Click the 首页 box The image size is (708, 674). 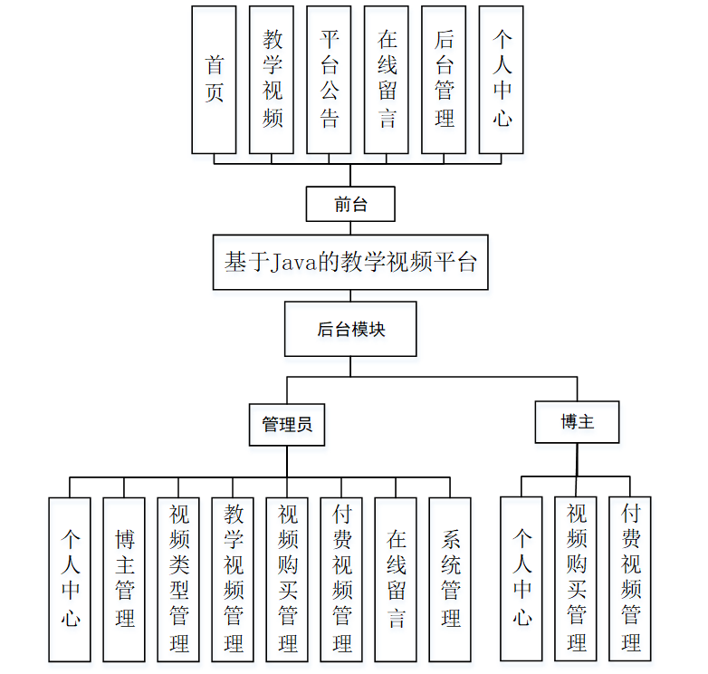point(214,80)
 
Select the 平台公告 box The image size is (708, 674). point(329,80)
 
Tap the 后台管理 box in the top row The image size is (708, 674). point(444,80)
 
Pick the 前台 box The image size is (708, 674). point(350,205)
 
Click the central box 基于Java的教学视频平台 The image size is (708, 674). point(350,263)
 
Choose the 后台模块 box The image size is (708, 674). point(350,329)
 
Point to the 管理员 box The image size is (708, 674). point(287,424)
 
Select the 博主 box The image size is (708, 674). point(577,421)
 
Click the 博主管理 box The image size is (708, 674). point(124,579)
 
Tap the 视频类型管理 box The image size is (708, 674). point(178,579)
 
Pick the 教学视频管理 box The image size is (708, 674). point(233,579)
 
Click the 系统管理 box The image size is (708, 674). point(450,579)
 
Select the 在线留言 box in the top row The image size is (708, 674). point(387,80)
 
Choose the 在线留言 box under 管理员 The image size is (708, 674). point(396,579)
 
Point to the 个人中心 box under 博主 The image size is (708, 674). point(522,577)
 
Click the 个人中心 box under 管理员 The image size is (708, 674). point(70,579)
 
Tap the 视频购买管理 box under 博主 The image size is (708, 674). point(577,577)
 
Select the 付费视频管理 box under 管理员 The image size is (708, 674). point(341,579)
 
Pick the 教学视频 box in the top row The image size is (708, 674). point(272,80)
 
